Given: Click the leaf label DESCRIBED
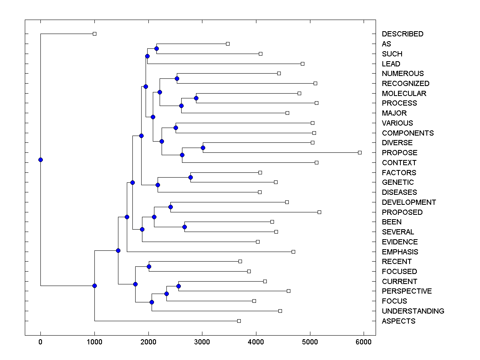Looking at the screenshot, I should pyautogui.click(x=402, y=34).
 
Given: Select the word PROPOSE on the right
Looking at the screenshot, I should pyautogui.click(x=400, y=153).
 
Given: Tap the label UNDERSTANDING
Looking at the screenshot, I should pyautogui.click(x=413, y=311).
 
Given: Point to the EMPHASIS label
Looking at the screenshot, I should pyautogui.click(x=400, y=252).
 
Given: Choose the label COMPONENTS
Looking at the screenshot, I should pyautogui.click(x=408, y=133).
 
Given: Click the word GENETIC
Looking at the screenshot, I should pyautogui.click(x=398, y=182).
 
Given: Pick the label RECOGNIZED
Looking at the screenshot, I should pyautogui.click(x=406, y=84).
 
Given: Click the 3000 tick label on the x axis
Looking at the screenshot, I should pyautogui.click(x=202, y=342).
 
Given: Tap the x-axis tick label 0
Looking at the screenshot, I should pyautogui.click(x=40, y=342).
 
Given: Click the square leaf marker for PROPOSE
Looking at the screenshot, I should pyautogui.click(x=360, y=152).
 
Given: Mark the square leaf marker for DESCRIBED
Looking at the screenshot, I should pyautogui.click(x=94, y=34).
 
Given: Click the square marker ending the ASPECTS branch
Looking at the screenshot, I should pyautogui.click(x=239, y=321).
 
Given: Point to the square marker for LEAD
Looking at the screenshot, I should pyautogui.click(x=302, y=64).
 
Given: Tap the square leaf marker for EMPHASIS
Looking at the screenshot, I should pyautogui.click(x=293, y=252).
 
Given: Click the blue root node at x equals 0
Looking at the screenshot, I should pyautogui.click(x=40, y=160).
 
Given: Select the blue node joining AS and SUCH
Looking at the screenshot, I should pyautogui.click(x=156, y=49).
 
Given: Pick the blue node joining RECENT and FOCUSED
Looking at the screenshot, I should pyautogui.click(x=149, y=266).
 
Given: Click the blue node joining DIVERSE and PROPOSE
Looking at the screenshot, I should pyautogui.click(x=203, y=148).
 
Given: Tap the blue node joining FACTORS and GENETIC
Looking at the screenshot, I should pyautogui.click(x=190, y=177).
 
